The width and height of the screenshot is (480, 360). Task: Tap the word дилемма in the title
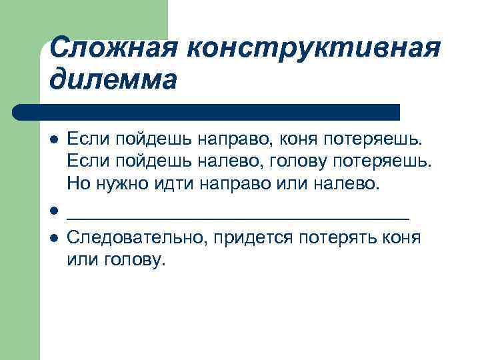[x=113, y=81]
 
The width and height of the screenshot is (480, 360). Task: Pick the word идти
[x=175, y=182]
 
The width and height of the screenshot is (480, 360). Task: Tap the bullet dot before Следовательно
[x=54, y=239]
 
